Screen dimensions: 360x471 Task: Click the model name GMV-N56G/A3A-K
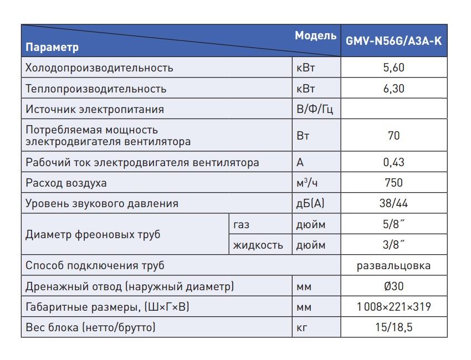[x=393, y=40]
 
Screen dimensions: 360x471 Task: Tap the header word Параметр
[x=52, y=47]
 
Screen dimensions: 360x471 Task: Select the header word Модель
[x=315, y=35]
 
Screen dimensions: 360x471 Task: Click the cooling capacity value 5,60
[x=393, y=68]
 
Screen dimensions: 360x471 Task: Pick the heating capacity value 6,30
[x=393, y=89]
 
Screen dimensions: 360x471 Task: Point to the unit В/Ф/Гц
[x=315, y=109]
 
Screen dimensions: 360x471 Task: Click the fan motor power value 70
[x=393, y=136]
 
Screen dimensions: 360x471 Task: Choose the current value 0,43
[x=393, y=162]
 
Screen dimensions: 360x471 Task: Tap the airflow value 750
[x=393, y=183]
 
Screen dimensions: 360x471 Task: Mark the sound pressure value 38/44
[x=393, y=203]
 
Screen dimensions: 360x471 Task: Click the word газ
[x=241, y=224]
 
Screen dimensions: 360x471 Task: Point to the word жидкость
[x=258, y=245]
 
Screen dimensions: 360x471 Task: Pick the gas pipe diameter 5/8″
[x=393, y=224]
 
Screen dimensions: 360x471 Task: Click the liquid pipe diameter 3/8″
[x=393, y=245]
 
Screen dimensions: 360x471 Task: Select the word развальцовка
[x=393, y=265]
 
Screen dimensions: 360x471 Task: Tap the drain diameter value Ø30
[x=393, y=286]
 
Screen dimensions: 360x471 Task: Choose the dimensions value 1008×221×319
[x=393, y=307]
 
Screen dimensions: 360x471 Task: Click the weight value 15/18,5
[x=393, y=327]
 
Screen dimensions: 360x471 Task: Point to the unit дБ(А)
[x=310, y=203]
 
